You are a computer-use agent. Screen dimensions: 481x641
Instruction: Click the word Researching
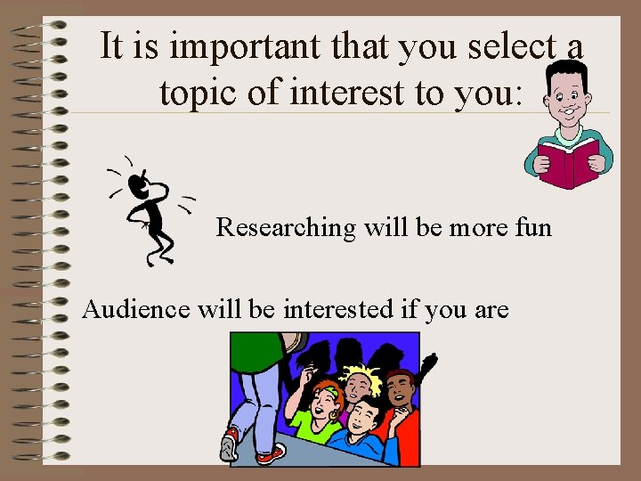click(x=286, y=228)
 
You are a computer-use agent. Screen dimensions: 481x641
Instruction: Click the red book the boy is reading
click(x=570, y=161)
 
